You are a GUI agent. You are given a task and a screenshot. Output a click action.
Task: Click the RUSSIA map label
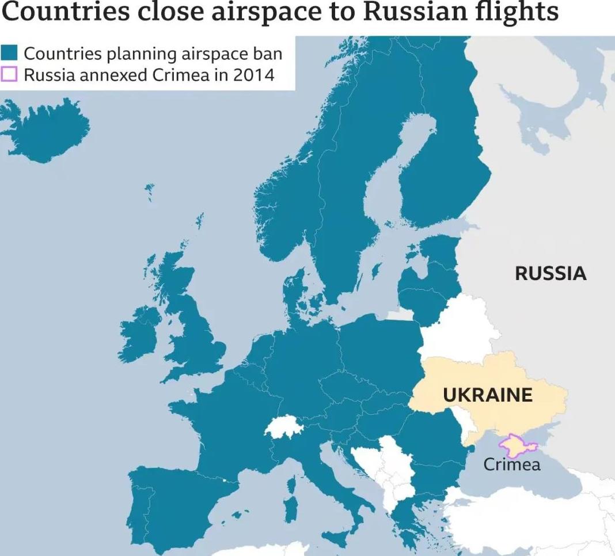551,273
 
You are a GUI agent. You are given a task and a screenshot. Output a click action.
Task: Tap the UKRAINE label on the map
487,395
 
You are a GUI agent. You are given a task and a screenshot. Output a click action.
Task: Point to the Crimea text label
511,464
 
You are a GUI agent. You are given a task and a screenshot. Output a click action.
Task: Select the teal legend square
10,54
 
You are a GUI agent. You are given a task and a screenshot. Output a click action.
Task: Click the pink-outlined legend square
10,74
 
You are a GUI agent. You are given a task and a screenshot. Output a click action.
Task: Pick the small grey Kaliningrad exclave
400,315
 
